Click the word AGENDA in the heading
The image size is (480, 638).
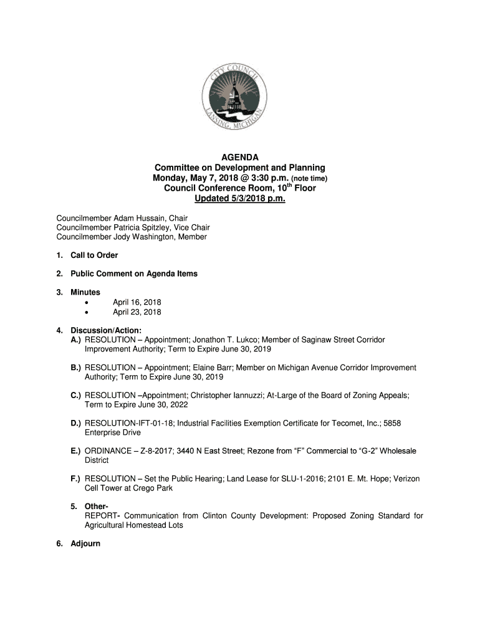(x=240, y=158)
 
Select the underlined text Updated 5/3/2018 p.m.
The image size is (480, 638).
(x=240, y=199)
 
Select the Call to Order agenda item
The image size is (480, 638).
(x=94, y=255)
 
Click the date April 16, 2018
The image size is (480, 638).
(x=137, y=302)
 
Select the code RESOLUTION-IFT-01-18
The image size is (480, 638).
(x=129, y=423)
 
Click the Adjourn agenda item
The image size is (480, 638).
(x=85, y=543)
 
